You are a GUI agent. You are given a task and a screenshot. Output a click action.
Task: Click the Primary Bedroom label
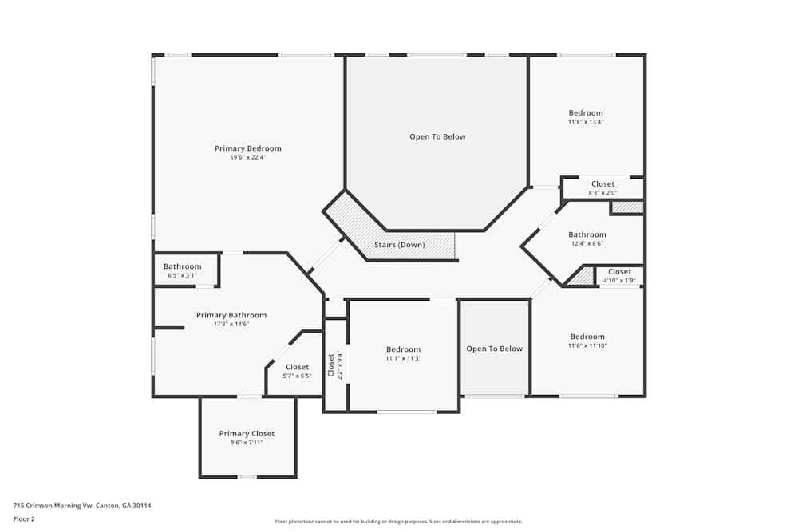(248, 148)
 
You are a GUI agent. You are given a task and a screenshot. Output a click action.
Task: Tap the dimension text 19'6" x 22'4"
(248, 158)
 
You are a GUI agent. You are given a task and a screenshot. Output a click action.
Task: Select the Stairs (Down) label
(400, 245)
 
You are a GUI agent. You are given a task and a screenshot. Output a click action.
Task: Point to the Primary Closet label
(247, 433)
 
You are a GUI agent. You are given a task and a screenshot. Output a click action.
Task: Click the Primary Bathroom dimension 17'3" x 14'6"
(231, 324)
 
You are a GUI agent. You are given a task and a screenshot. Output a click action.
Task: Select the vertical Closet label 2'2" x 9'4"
(335, 365)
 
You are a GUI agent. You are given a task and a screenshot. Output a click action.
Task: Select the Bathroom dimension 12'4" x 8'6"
(587, 243)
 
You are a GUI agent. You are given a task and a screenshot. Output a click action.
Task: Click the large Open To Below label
(437, 136)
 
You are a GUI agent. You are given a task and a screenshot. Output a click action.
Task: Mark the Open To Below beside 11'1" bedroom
(494, 349)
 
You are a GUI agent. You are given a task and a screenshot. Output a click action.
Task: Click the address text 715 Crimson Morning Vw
(53, 506)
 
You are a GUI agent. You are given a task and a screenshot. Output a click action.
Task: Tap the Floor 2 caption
(24, 518)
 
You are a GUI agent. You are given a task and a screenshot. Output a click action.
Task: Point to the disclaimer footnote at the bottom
(398, 522)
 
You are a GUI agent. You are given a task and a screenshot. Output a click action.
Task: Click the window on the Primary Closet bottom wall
(247, 476)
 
